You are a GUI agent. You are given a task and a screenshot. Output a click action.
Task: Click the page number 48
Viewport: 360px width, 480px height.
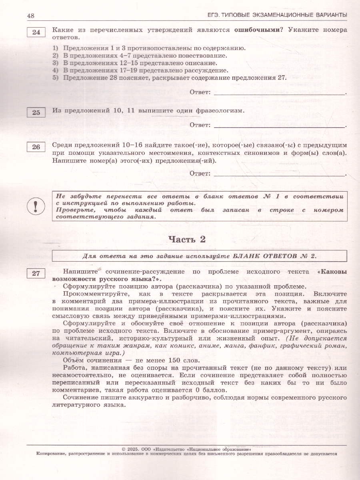pos(31,16)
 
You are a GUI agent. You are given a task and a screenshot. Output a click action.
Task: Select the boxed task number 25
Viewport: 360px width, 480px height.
pos(36,112)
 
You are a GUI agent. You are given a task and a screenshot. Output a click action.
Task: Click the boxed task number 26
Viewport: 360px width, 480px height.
pos(36,147)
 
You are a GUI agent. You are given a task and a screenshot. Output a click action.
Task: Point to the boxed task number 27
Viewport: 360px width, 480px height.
pos(36,274)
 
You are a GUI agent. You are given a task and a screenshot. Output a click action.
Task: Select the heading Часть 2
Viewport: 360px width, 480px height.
pos(186,240)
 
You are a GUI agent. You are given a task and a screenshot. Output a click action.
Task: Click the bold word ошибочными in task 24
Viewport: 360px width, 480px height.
pos(256,30)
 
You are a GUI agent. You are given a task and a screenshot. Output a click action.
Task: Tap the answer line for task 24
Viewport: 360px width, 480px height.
pos(280,93)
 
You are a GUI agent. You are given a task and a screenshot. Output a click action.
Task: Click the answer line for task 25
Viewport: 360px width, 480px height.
pos(280,126)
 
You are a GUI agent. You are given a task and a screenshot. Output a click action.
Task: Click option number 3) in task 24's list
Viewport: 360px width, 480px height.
pos(56,63)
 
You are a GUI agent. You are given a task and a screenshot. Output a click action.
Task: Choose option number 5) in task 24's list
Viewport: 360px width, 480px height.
pos(56,78)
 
